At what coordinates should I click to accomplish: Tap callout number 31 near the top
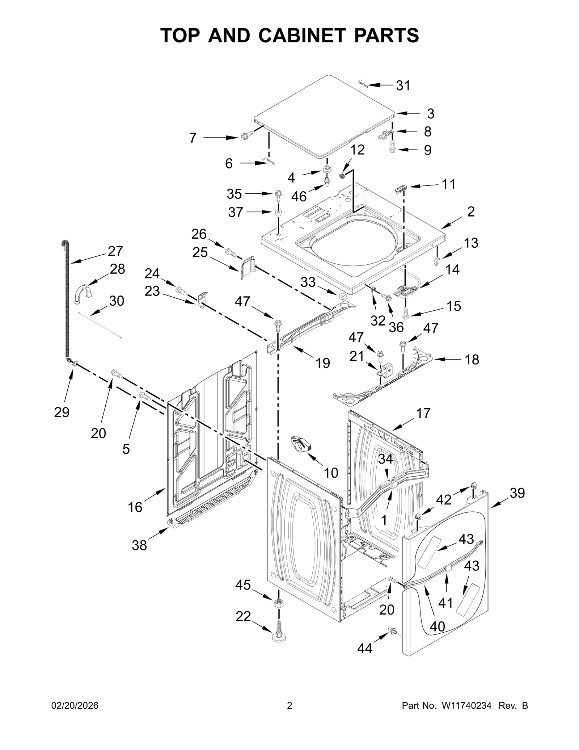click(403, 86)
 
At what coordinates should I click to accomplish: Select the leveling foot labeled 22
click(279, 633)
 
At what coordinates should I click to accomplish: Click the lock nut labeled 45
click(278, 604)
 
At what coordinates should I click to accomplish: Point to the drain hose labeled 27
click(67, 301)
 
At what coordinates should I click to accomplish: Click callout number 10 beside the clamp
click(330, 473)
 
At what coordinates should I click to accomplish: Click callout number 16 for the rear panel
click(135, 507)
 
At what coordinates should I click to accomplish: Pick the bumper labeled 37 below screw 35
click(278, 211)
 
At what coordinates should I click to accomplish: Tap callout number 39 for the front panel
click(517, 493)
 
